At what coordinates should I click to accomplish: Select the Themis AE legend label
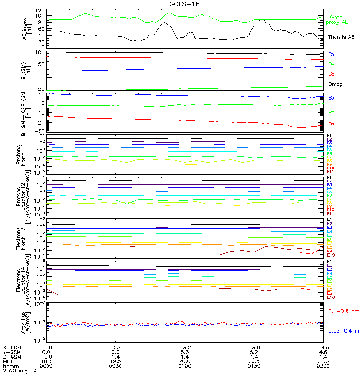(341, 37)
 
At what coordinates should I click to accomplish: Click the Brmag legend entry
(336, 84)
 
